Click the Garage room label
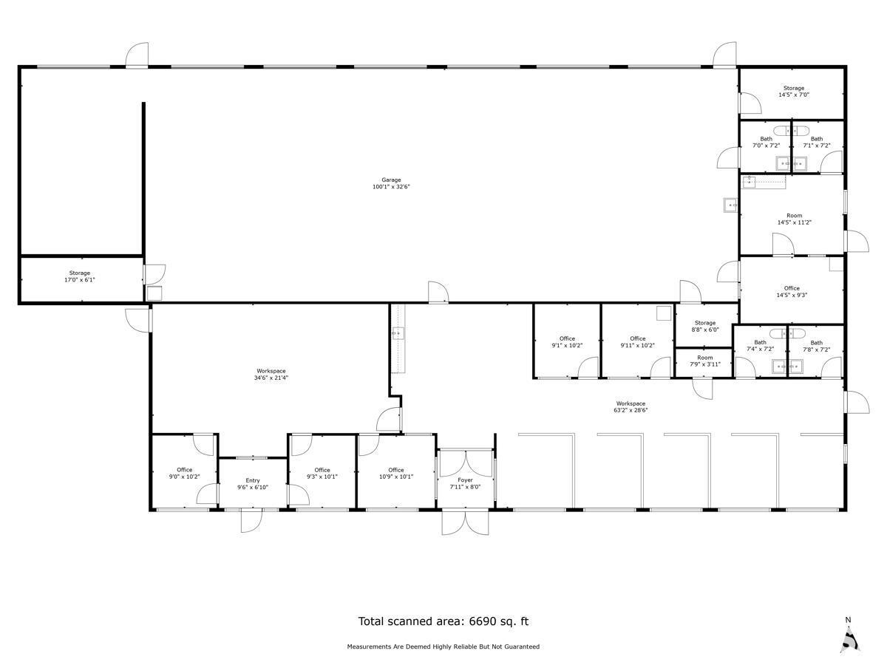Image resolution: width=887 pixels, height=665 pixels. [x=391, y=180]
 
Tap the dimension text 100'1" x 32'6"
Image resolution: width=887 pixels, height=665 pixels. [x=391, y=187]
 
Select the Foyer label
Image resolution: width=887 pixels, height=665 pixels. [x=465, y=480]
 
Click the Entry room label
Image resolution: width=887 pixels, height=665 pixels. [x=253, y=480]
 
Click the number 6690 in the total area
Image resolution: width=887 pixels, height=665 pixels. [x=484, y=621]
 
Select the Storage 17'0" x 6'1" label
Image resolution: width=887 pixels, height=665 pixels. [x=80, y=276]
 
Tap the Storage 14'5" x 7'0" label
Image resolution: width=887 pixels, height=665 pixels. [x=794, y=92]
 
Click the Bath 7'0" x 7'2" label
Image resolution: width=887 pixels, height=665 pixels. [x=766, y=142]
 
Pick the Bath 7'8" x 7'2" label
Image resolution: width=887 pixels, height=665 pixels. [x=816, y=346]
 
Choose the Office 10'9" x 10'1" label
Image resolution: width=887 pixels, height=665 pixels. [x=396, y=473]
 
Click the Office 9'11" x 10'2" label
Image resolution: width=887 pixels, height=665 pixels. [x=637, y=341]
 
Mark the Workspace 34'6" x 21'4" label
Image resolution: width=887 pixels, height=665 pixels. [x=271, y=374]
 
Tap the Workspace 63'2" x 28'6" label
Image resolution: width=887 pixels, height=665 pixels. [x=630, y=406]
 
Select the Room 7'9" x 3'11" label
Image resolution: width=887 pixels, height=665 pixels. [x=705, y=361]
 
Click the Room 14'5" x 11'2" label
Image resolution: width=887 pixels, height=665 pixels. [x=794, y=219]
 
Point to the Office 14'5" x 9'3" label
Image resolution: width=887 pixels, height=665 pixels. [x=792, y=291]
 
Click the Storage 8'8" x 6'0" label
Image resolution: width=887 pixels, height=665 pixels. [x=705, y=326]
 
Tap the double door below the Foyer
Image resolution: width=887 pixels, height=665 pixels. [x=465, y=523]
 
